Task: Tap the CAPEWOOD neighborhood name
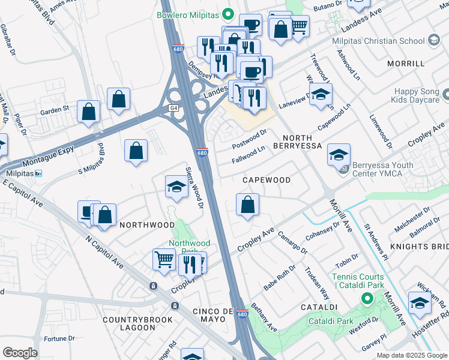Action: (266, 180)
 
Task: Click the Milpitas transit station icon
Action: (38, 173)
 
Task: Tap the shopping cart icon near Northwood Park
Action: (164, 260)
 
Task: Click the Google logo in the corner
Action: (20, 352)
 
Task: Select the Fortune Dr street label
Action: (59, 339)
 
